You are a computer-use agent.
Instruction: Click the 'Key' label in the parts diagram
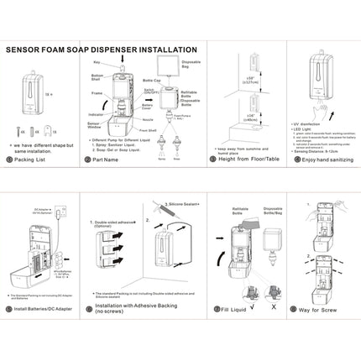[x=97, y=63]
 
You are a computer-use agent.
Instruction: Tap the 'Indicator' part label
[x=95, y=107]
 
